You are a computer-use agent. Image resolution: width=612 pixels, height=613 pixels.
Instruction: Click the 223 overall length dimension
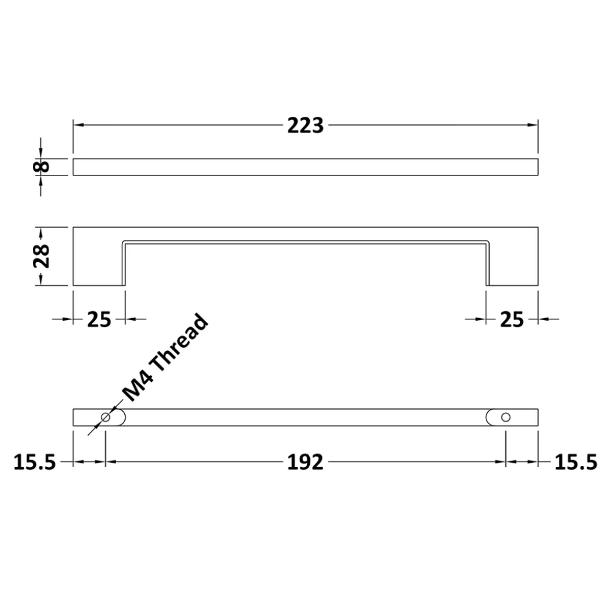(x=305, y=126)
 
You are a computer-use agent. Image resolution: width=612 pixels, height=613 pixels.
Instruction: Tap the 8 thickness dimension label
(x=41, y=167)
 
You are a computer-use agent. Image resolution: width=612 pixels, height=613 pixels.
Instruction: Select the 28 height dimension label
(x=42, y=256)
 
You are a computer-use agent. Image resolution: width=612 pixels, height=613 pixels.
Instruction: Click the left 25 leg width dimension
(x=99, y=319)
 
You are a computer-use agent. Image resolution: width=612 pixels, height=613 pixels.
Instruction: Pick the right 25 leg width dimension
(x=512, y=319)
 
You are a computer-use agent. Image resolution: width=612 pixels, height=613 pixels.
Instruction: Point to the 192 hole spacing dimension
(x=305, y=462)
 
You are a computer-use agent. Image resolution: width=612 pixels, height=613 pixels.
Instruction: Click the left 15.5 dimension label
(x=35, y=462)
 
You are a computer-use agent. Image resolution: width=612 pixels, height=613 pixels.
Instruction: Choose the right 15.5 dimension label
(x=576, y=462)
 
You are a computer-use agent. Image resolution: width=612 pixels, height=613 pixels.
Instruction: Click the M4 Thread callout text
(x=165, y=357)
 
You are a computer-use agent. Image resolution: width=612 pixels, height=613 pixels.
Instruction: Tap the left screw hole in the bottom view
(x=105, y=417)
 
